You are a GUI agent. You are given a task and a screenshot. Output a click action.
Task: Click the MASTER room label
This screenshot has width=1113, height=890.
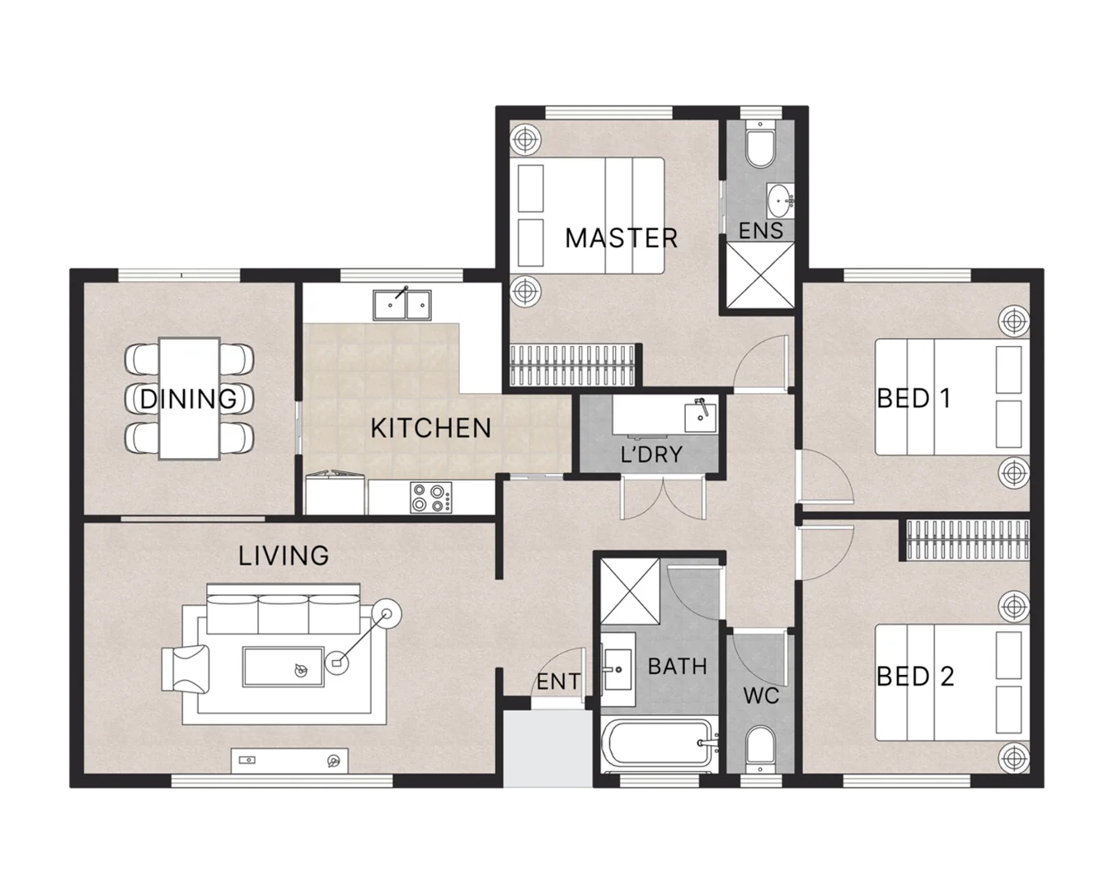(x=621, y=238)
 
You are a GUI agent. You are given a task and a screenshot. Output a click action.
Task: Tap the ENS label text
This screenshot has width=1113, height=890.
(x=760, y=231)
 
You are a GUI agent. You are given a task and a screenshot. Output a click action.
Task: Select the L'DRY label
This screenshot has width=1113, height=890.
(x=651, y=453)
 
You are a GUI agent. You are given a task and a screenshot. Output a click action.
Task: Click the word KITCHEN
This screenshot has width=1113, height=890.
(x=430, y=428)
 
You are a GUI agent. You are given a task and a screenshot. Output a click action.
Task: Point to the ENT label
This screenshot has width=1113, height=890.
(x=558, y=682)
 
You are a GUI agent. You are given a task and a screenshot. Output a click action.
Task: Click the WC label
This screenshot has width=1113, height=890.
(x=760, y=696)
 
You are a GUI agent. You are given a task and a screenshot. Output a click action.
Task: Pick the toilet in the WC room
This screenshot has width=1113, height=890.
(x=758, y=750)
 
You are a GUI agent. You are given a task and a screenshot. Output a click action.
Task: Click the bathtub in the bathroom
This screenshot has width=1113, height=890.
(x=656, y=746)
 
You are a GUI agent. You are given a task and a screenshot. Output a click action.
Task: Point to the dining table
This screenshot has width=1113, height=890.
(x=190, y=398)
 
